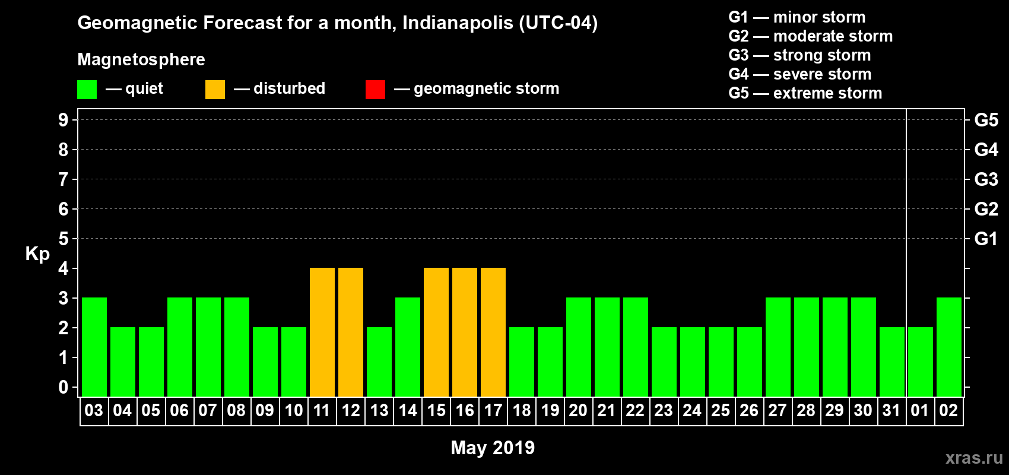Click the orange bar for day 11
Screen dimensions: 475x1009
coord(322,332)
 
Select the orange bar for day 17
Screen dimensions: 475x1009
coord(493,332)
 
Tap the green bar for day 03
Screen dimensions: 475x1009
coord(94,347)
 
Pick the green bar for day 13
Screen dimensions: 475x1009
coord(379,362)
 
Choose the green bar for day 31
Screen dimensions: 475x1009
coord(892,362)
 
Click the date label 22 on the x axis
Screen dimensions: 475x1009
coord(635,410)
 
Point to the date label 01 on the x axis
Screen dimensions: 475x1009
coord(919,410)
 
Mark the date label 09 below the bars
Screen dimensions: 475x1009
coord(265,410)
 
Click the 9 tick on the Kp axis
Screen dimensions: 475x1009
coord(64,120)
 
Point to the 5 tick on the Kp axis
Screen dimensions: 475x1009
coord(64,239)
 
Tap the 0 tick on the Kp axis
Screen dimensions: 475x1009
coord(64,387)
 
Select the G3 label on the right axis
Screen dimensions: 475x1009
coord(986,179)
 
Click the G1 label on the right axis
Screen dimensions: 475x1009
coord(986,239)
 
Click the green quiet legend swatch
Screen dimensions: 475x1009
coord(87,90)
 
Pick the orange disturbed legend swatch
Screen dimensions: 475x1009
coord(215,90)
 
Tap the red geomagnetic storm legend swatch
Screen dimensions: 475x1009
coord(375,90)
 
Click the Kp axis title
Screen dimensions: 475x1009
coord(37,254)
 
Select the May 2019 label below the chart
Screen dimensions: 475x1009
coord(493,448)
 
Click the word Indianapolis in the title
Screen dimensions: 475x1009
coord(458,23)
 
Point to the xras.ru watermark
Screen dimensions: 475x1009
coord(974,458)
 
